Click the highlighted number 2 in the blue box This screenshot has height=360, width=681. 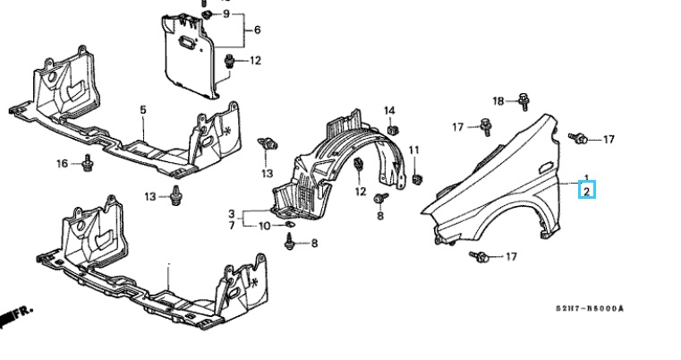point(587,190)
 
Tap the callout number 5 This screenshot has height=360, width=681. point(141,109)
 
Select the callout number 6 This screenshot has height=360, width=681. point(257,30)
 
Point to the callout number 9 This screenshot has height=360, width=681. point(226,15)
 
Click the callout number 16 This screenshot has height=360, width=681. point(62,163)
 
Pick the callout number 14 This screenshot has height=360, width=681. point(389,110)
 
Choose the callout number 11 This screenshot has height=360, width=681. point(414,149)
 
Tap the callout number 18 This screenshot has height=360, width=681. point(498,100)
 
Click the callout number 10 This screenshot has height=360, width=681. point(264,225)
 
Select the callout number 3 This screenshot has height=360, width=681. point(231,213)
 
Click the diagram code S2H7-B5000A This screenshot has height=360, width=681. point(585,310)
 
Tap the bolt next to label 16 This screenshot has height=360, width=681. point(88,164)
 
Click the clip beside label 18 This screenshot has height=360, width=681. point(520,101)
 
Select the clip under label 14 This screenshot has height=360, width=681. point(393,131)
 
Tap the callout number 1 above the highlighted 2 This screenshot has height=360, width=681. point(586,178)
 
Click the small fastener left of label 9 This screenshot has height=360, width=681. point(207,15)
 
